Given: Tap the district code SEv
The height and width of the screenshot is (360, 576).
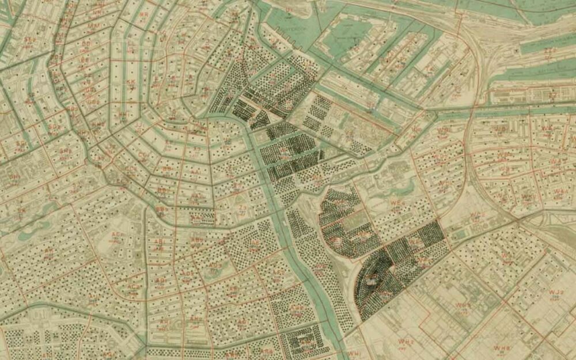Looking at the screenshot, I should (29, 40).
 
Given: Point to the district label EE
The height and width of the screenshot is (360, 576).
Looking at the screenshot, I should (85, 60).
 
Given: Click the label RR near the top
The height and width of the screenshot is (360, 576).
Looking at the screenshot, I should (143, 14).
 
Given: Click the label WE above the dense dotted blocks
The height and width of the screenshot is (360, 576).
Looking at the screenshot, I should (395, 203).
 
